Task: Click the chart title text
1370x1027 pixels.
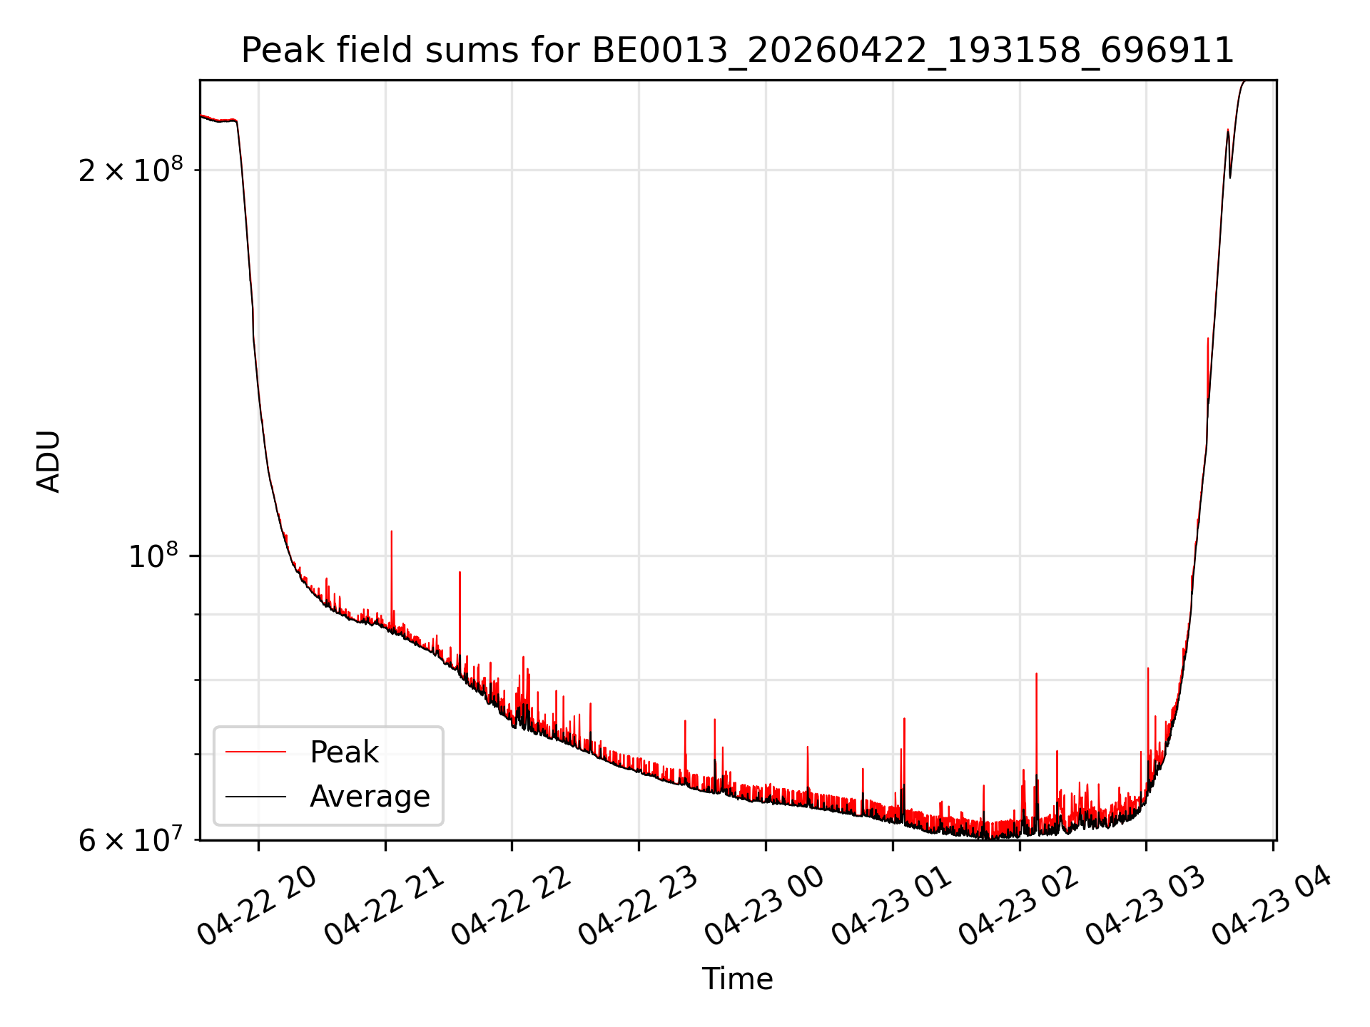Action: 738,51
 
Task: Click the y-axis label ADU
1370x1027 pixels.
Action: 49,461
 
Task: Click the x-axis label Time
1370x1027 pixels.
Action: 737,979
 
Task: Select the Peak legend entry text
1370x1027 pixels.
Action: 344,752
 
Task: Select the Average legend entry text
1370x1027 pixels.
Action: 370,797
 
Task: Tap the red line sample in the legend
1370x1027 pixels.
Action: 255,752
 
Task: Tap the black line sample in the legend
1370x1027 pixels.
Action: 255,796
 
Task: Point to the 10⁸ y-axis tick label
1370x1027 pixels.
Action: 153,555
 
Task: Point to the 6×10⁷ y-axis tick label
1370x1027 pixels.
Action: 131,839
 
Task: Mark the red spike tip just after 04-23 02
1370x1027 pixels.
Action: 1036,673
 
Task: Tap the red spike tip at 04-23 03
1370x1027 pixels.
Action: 1147,668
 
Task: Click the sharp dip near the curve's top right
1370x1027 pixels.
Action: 1229,177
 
